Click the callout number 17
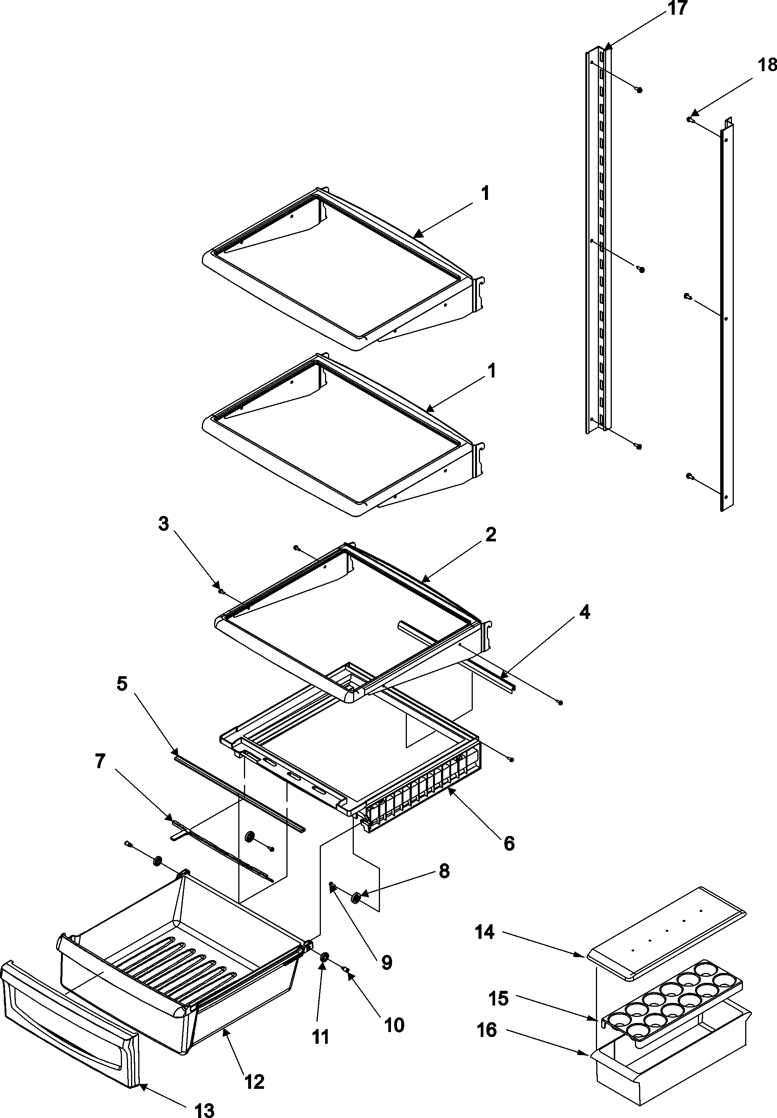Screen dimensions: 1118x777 click(677, 8)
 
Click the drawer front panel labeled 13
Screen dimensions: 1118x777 click(68, 1012)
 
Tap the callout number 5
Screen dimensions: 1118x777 click(122, 683)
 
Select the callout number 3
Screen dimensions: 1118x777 click(163, 524)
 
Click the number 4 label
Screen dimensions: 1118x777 click(585, 612)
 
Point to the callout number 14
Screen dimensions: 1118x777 click(485, 932)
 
